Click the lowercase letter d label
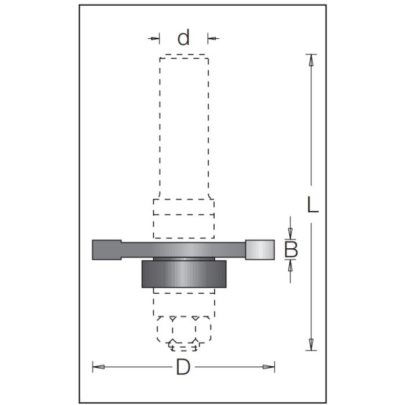coord(183,38)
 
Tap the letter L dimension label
coord(312,205)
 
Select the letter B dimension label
coord(292,250)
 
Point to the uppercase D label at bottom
coord(183,367)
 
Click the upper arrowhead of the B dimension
coord(291,234)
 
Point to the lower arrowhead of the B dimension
coord(291,265)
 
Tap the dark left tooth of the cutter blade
coord(106,249)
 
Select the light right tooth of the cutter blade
coord(259,249)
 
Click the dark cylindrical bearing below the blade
coord(183,274)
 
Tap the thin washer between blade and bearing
coord(183,258)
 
